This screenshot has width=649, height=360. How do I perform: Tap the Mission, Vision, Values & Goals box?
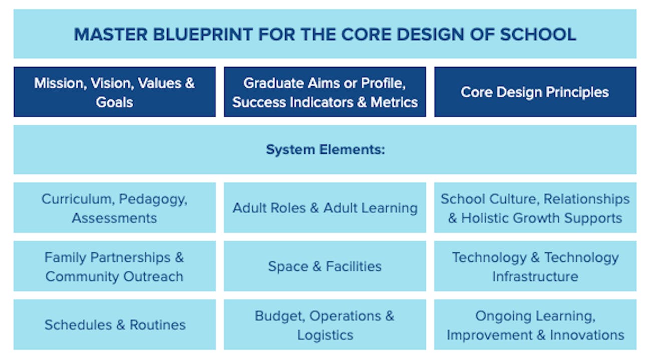tap(115, 92)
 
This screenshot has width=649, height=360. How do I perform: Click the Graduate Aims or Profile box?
tap(325, 92)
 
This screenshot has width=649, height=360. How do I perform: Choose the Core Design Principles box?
tap(535, 92)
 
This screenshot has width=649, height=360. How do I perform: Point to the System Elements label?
tap(325, 150)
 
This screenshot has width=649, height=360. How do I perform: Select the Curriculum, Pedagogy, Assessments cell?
tap(115, 208)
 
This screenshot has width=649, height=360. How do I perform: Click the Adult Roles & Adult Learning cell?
tap(325, 208)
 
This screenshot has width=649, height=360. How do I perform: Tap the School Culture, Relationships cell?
tap(535, 208)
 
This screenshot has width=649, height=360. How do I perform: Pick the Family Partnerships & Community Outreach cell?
tap(115, 266)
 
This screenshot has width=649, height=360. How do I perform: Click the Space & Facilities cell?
tap(325, 266)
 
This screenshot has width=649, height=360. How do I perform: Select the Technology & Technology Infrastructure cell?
tap(535, 266)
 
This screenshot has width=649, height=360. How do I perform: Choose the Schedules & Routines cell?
tap(115, 325)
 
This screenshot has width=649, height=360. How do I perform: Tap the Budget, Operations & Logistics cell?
tap(325, 325)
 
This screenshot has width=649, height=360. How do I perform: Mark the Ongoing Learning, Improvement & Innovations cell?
tap(535, 325)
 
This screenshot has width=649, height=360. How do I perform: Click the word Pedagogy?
tap(153, 199)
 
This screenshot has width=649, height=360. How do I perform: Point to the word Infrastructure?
tap(535, 276)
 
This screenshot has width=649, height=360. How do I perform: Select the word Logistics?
tap(325, 335)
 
